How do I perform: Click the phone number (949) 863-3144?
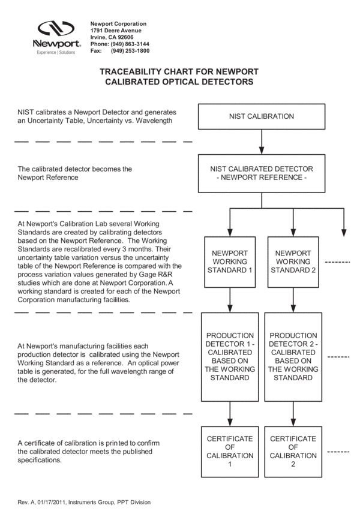coord(128,44)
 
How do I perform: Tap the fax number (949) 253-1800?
coord(130,51)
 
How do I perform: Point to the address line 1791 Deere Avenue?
coord(116,30)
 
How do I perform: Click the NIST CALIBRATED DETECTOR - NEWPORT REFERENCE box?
coord(262,173)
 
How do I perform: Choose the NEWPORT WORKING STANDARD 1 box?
coord(230,261)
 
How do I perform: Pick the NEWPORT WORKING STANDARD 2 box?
coord(293,261)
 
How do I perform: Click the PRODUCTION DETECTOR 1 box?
coord(230,356)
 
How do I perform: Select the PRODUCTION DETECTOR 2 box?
coord(293,356)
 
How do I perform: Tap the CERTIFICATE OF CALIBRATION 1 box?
coord(230,452)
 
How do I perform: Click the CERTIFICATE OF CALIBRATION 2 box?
coord(293,452)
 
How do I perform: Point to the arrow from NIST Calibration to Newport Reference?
coord(262,142)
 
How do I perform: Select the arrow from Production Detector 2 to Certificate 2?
coord(293,413)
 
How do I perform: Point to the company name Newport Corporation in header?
coord(118,23)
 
